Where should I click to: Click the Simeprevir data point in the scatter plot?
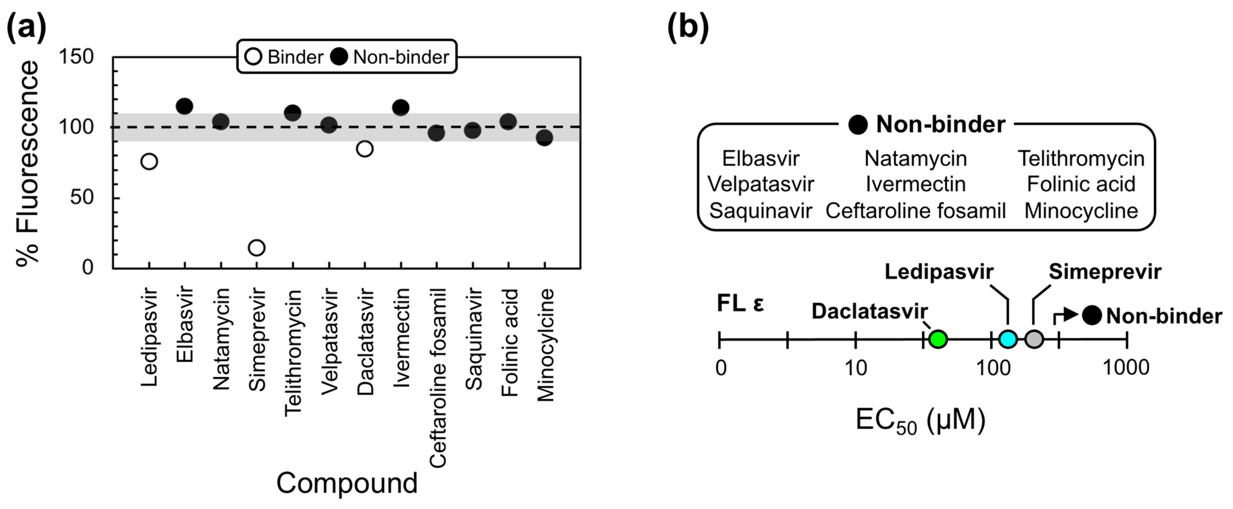coord(257,248)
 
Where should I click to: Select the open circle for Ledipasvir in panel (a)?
coord(149,161)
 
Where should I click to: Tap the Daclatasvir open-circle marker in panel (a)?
coord(364,149)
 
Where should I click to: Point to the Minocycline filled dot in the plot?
coord(544,138)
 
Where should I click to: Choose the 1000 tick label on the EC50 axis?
coord(1126,368)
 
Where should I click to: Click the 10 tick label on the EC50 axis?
coord(855,368)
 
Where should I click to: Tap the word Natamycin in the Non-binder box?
coord(915,158)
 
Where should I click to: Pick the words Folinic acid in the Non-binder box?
coord(1081,184)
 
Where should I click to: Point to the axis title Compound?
coord(346,483)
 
